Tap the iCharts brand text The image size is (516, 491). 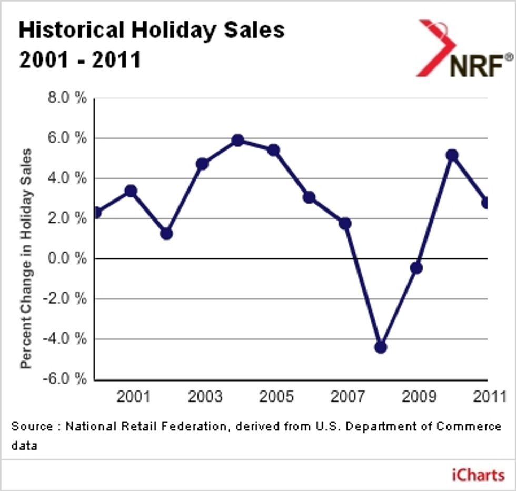[x=478, y=475]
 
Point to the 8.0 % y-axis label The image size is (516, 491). [x=66, y=98]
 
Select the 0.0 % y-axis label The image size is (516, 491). [x=66, y=258]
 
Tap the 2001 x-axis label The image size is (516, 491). [x=133, y=396]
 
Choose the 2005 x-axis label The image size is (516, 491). [x=276, y=396]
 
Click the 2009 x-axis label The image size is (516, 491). [x=419, y=396]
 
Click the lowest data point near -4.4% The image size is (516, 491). [x=381, y=347]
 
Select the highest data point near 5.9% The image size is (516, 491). [x=237, y=140]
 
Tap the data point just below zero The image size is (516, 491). [x=416, y=268]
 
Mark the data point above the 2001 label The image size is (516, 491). [x=131, y=191]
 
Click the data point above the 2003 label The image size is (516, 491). [x=202, y=164]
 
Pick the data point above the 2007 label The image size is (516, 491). [x=345, y=223]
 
